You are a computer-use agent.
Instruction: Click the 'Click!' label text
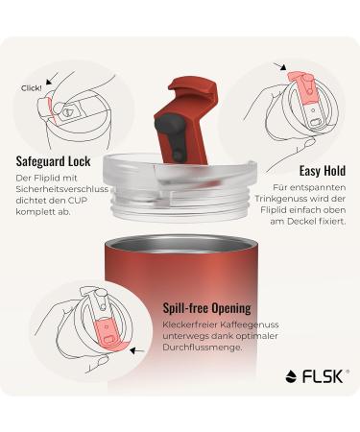[x=31, y=87]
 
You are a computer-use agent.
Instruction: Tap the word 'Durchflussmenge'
[x=207, y=350]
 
